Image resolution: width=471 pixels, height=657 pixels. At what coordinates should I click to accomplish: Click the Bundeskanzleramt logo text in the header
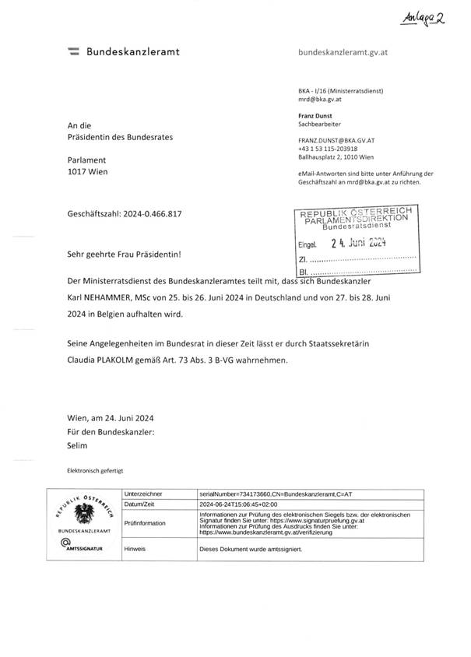coord(132,51)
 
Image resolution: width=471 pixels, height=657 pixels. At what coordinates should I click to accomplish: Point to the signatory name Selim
coord(79,445)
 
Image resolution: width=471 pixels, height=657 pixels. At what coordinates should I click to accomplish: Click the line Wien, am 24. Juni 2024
coord(111,418)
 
